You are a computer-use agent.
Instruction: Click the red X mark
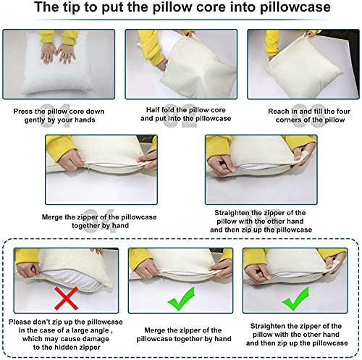66,298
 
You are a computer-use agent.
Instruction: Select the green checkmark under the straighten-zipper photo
296,299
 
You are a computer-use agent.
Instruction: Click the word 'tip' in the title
72,7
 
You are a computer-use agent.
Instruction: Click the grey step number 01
55,116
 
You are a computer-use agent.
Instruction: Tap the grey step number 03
309,116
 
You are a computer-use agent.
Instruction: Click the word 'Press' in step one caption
23,112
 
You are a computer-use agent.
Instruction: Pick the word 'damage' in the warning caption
96,339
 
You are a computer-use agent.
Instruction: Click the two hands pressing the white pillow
58,54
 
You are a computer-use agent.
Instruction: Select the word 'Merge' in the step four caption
52,217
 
